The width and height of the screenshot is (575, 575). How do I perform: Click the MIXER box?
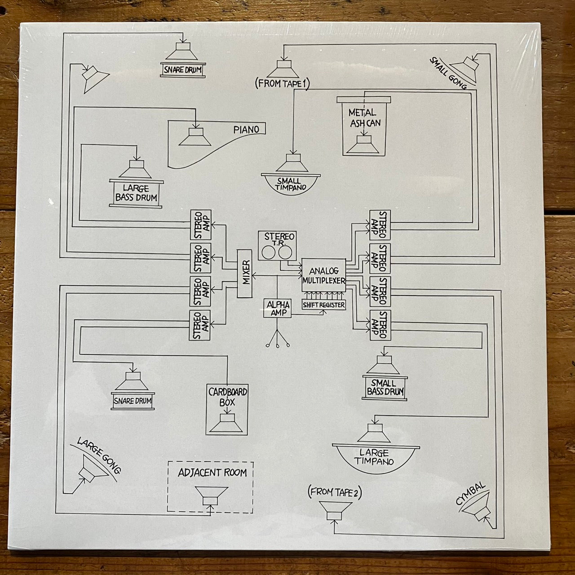[245, 273]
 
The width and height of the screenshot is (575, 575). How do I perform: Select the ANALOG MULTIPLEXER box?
[323, 276]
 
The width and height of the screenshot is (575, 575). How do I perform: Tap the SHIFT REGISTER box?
[324, 305]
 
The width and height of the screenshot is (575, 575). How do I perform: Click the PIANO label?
[246, 129]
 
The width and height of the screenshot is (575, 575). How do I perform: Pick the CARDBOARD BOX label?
[228, 397]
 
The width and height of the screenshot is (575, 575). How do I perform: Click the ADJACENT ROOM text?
[212, 473]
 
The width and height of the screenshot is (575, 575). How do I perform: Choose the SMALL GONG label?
[447, 72]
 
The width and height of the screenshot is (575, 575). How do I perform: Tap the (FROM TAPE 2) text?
[335, 492]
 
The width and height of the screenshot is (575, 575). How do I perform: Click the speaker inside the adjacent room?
[210, 498]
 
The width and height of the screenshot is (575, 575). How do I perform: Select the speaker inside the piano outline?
[195, 137]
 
